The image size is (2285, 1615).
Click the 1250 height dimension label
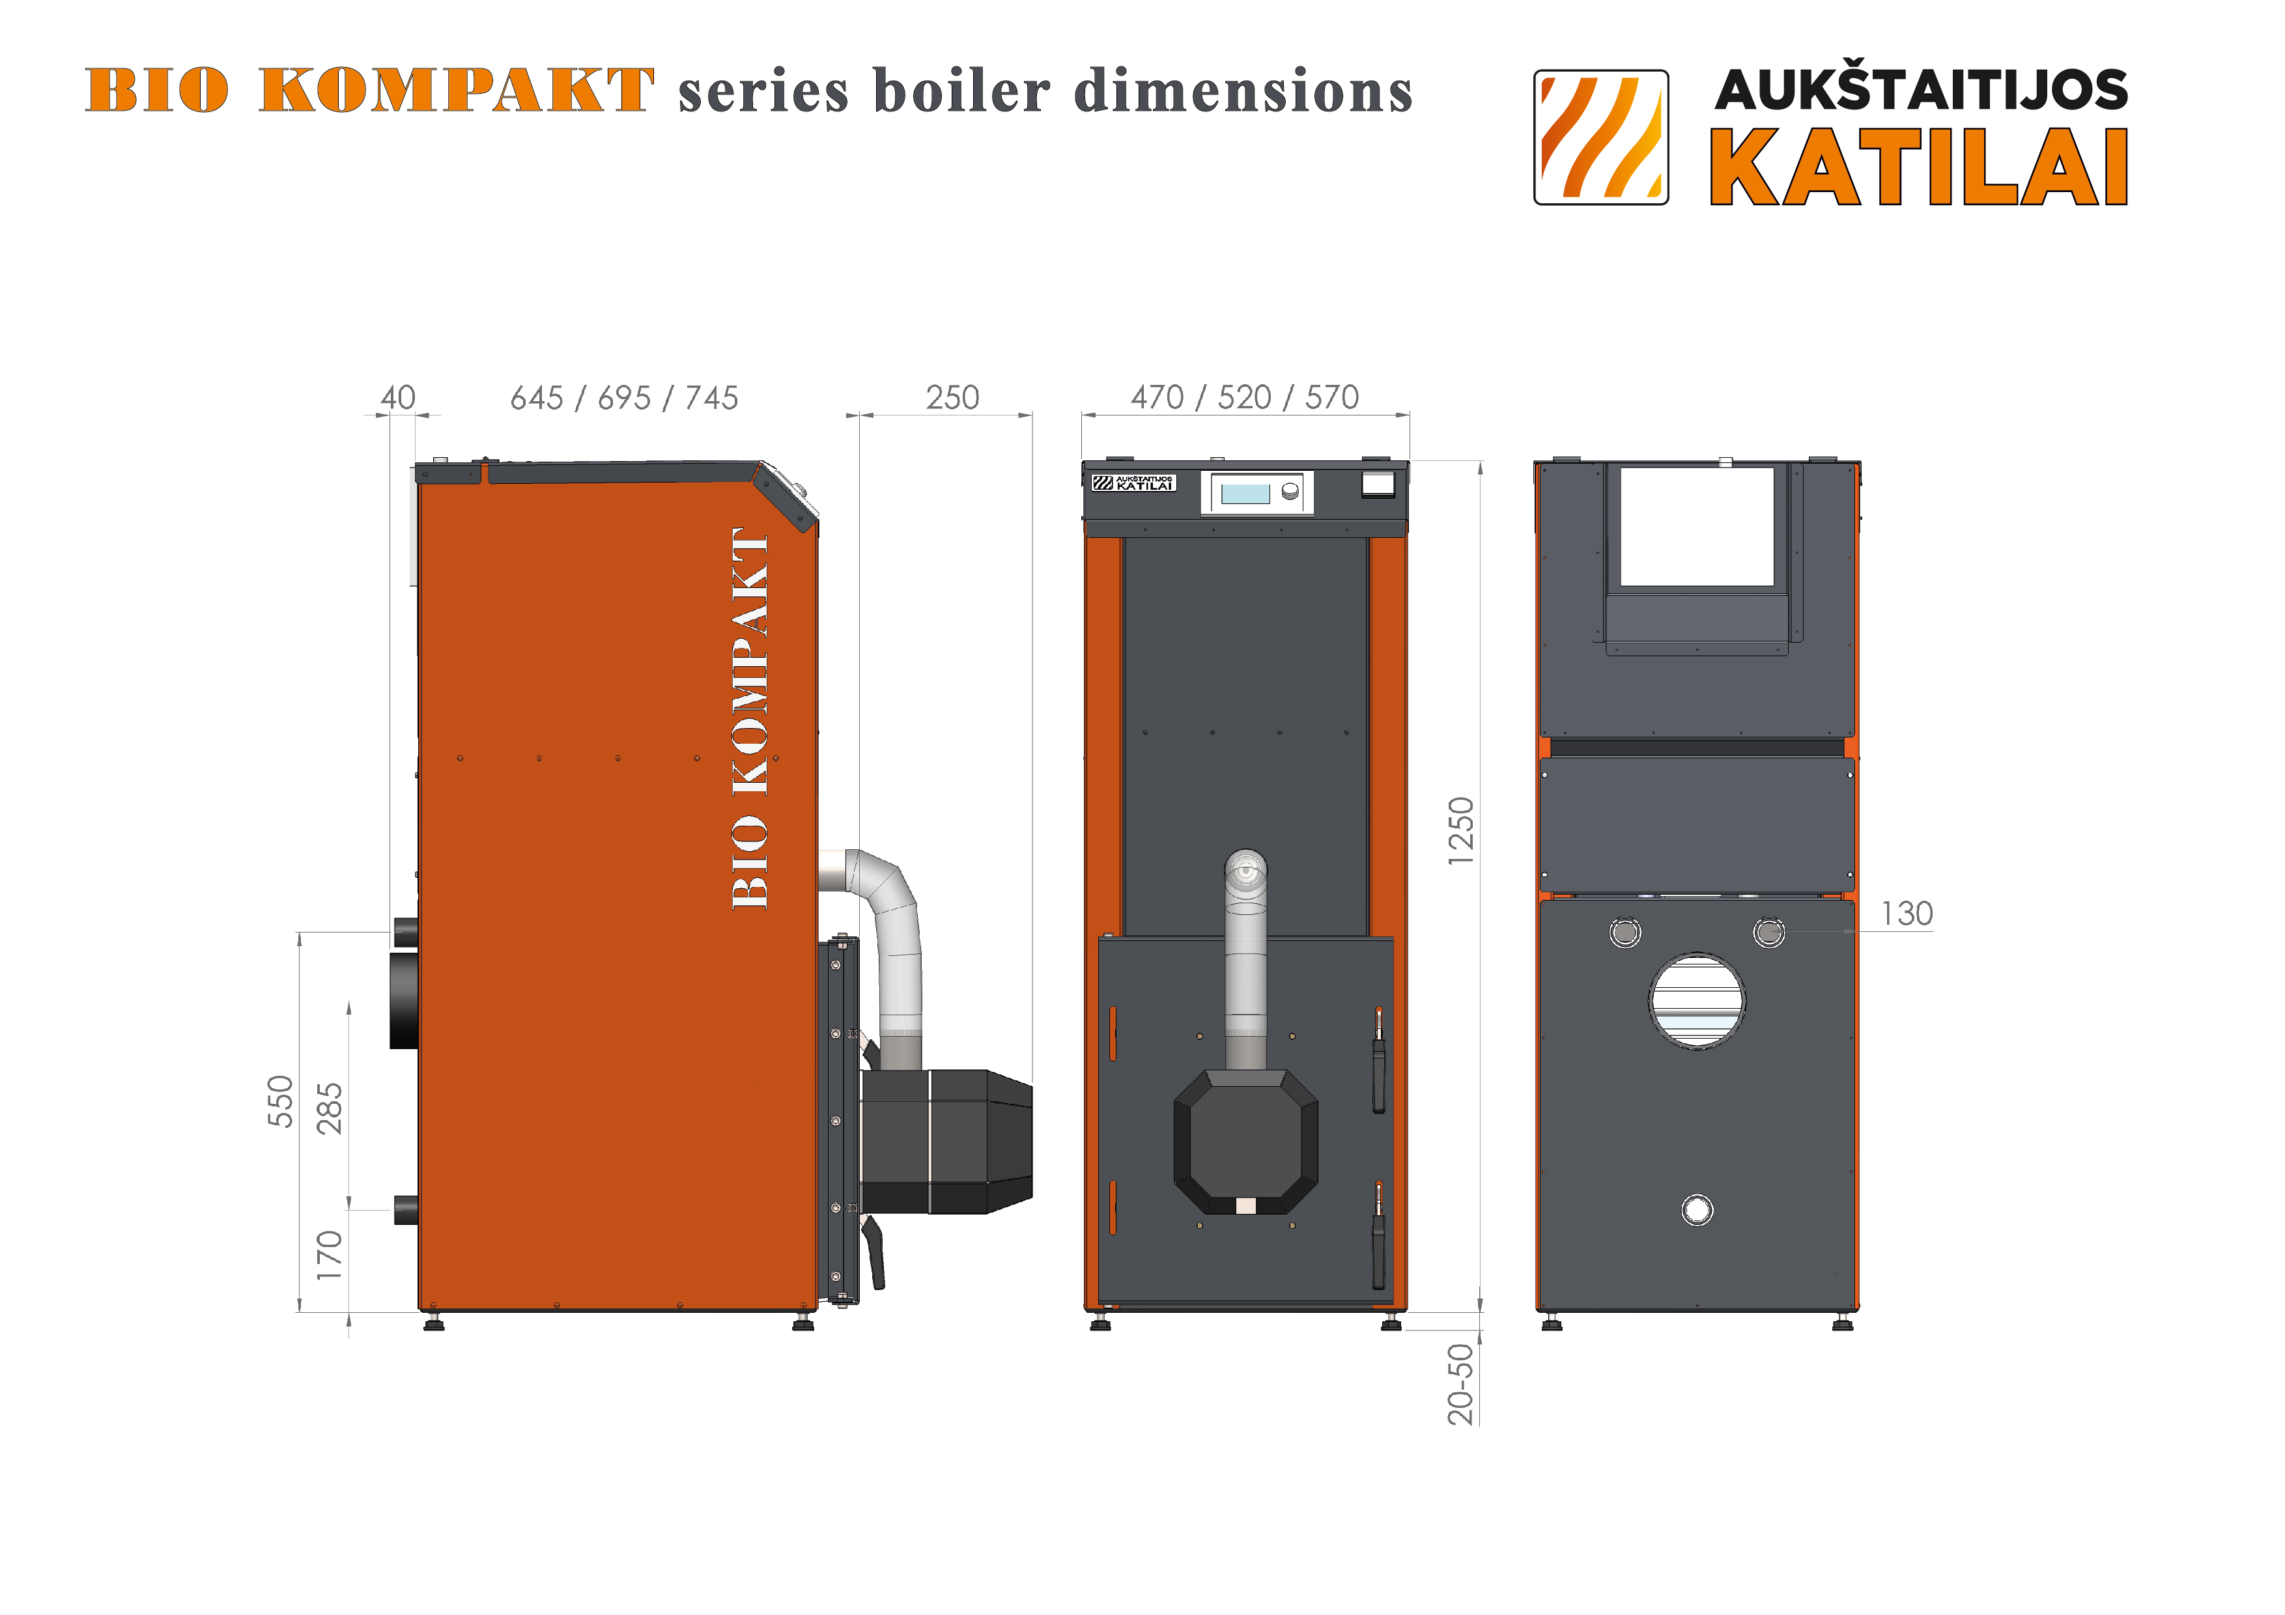pos(1460,831)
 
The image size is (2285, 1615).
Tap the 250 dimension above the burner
pos(952,398)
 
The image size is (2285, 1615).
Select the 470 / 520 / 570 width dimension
pos(1245,398)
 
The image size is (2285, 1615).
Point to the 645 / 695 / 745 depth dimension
pos(624,398)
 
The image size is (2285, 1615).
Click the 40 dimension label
pos(398,398)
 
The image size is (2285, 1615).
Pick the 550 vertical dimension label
pos(281,1102)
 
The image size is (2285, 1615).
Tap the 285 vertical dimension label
pos(330,1108)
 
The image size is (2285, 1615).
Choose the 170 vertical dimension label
pos(330,1255)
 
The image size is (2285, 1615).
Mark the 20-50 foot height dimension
pos(1460,1384)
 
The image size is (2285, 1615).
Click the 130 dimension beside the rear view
pos(1907,914)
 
